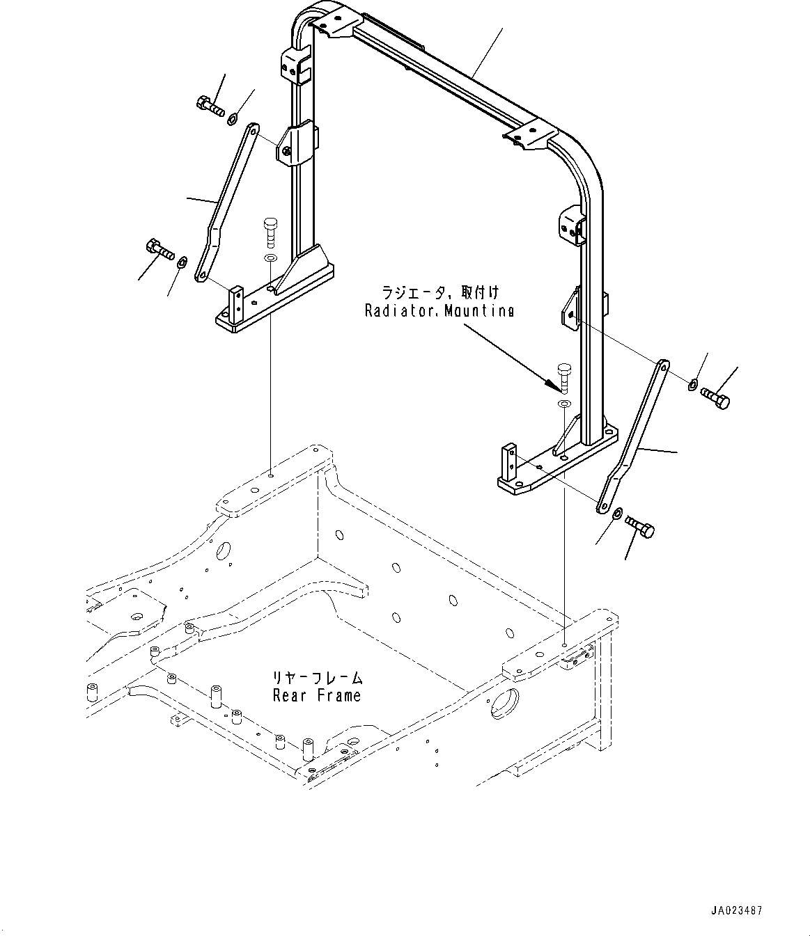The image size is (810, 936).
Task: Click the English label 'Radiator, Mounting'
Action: coord(439,311)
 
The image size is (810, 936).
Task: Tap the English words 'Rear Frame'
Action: coord(317,695)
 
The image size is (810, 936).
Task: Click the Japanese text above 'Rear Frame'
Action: coord(317,677)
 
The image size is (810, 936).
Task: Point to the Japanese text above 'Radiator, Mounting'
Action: coord(439,293)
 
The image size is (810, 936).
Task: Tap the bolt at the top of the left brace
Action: coord(208,106)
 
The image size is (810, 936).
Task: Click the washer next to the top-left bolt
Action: coord(232,118)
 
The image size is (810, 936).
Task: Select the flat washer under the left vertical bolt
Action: coord(270,259)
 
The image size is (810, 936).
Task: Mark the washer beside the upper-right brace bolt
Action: coord(693,384)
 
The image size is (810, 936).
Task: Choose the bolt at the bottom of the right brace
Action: coord(640,526)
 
